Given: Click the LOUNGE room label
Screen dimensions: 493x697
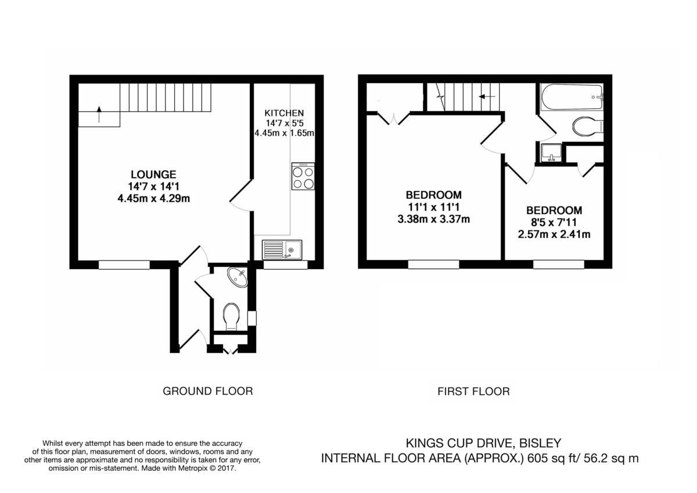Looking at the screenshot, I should click(153, 174).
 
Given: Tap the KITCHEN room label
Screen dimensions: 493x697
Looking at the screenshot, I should click(284, 112).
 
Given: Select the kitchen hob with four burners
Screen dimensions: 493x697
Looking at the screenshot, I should click(303, 177).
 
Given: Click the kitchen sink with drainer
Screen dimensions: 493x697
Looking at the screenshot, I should click(282, 249).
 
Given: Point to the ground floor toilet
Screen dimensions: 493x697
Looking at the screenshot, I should click(231, 316).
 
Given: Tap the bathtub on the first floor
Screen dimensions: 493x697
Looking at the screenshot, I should click(572, 97).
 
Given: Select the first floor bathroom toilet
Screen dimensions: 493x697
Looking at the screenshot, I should click(587, 126).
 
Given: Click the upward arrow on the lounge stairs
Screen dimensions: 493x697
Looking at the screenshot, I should click(99, 115).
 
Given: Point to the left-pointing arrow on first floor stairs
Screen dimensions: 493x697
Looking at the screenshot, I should click(488, 97).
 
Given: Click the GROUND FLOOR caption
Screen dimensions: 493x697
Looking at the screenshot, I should click(207, 391).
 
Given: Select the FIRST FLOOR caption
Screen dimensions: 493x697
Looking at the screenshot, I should click(473, 391).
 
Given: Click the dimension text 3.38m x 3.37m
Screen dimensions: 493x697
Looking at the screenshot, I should click(433, 219).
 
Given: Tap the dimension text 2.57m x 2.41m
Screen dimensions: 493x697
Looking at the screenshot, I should click(554, 235).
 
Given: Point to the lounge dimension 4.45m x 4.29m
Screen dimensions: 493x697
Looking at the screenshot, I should click(153, 198).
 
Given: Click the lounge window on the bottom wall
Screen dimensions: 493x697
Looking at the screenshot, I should click(124, 265).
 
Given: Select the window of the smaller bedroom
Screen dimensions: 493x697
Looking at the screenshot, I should click(559, 265).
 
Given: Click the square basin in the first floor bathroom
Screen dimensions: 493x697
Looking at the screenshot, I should click(549, 153).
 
